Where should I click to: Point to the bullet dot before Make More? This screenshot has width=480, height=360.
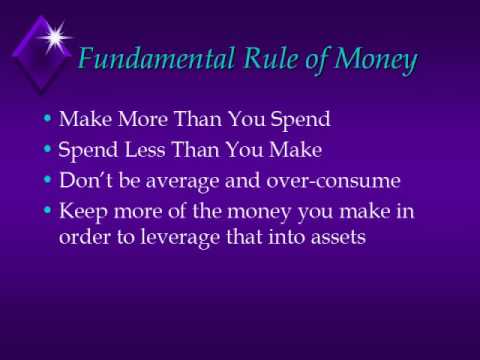[x=48, y=120]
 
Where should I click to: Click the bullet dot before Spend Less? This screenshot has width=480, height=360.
[x=48, y=152]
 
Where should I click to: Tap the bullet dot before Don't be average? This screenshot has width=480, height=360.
[x=48, y=183]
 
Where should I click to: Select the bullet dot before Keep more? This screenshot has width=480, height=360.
[x=48, y=215]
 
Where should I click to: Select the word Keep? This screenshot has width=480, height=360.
[x=82, y=215]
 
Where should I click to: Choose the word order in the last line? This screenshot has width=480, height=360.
[x=82, y=240]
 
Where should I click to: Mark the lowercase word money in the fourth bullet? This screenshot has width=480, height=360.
[x=245, y=215]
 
